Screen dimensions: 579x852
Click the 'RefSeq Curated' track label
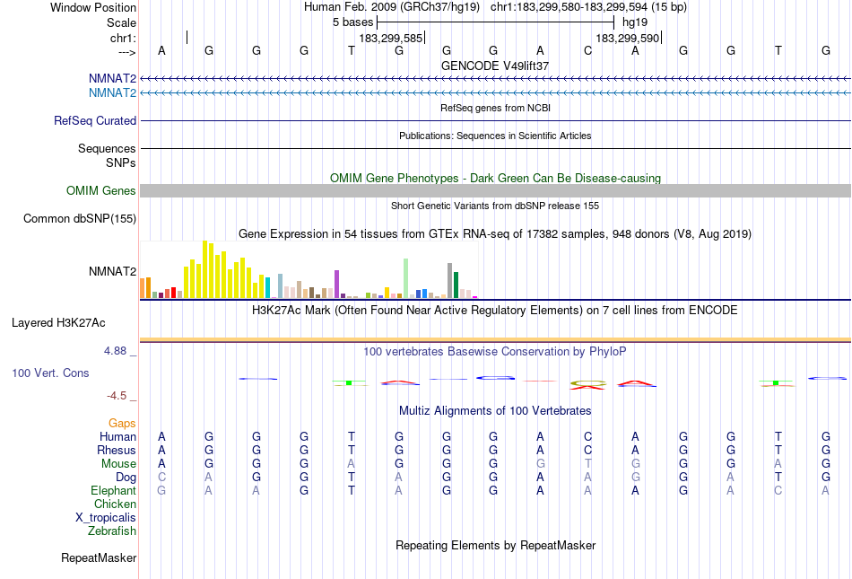[95, 120]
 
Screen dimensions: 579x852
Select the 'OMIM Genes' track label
[101, 190]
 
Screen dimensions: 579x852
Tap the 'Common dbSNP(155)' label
[80, 218]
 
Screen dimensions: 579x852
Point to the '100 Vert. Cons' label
[50, 372]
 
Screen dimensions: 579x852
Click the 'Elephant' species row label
[113, 490]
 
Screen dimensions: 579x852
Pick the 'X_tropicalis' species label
[106, 517]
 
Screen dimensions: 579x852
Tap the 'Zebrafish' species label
[112, 531]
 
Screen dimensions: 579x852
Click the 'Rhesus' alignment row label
[117, 450]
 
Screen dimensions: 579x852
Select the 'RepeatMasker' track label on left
[99, 558]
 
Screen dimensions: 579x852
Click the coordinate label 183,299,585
[390, 39]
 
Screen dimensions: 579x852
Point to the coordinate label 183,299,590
[627, 39]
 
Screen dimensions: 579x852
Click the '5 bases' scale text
[352, 22]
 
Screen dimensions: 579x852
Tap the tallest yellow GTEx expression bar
[205, 268]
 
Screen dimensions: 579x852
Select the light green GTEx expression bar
[405, 277]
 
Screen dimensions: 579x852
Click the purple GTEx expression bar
[336, 284]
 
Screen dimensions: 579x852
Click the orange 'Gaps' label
[122, 423]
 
